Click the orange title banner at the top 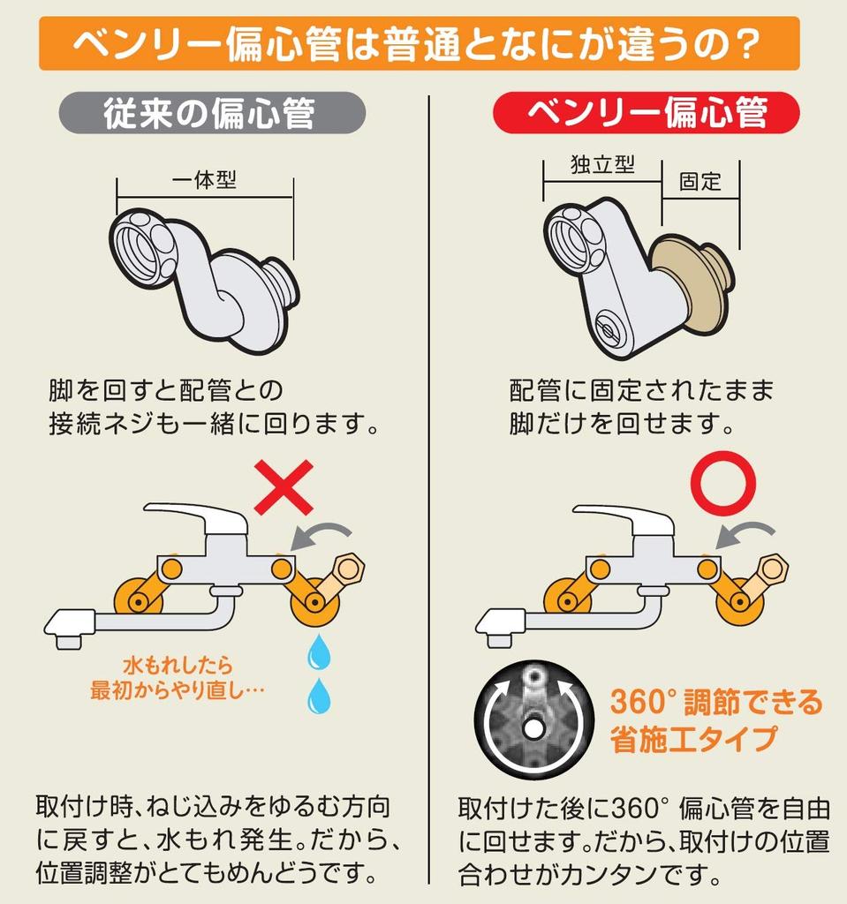click(x=420, y=44)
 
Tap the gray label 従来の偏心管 click(x=212, y=113)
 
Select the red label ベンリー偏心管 click(x=647, y=112)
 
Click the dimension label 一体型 click(x=204, y=180)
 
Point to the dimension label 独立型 click(x=602, y=164)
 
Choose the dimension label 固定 click(x=700, y=182)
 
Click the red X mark click(x=284, y=487)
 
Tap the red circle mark click(x=723, y=483)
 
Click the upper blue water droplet click(x=319, y=652)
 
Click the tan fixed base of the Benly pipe click(x=690, y=285)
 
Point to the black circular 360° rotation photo click(x=533, y=719)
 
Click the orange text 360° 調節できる click(x=716, y=702)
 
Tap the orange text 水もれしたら click(x=178, y=666)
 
